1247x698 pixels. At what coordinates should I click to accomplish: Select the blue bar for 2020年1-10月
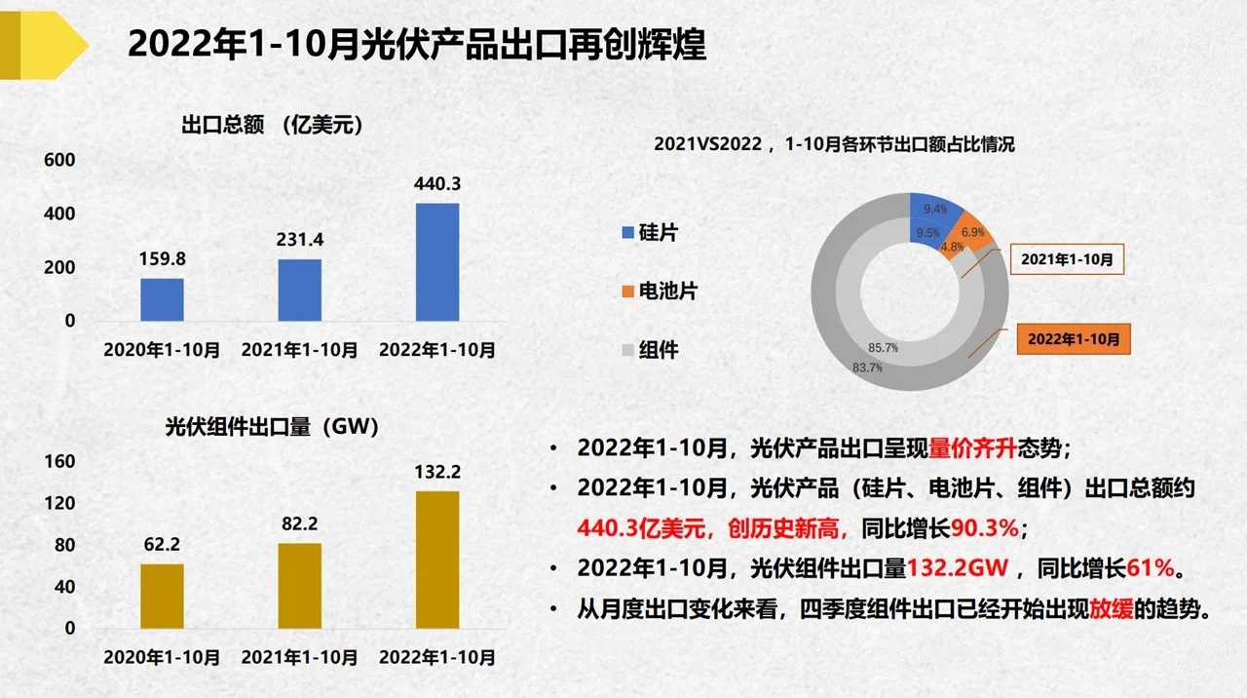click(x=162, y=299)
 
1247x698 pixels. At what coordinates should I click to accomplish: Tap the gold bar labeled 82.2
click(x=299, y=585)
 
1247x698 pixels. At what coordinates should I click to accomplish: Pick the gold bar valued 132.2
click(x=437, y=560)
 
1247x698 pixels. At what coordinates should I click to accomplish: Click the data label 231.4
click(x=299, y=240)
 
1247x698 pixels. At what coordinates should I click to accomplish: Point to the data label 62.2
click(x=162, y=544)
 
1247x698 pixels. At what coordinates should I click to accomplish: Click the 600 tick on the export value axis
click(x=59, y=160)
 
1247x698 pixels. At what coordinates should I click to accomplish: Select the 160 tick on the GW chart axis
click(x=59, y=461)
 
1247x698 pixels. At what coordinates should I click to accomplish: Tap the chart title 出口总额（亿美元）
click(x=272, y=125)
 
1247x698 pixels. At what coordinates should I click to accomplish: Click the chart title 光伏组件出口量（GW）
click(x=272, y=426)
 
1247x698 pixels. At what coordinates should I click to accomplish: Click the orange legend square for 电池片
click(x=627, y=291)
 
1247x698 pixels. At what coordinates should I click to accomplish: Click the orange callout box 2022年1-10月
click(x=1073, y=338)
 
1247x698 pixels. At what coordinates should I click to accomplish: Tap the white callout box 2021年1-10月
click(x=1066, y=260)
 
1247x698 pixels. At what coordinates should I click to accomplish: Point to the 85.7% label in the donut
click(x=884, y=347)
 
